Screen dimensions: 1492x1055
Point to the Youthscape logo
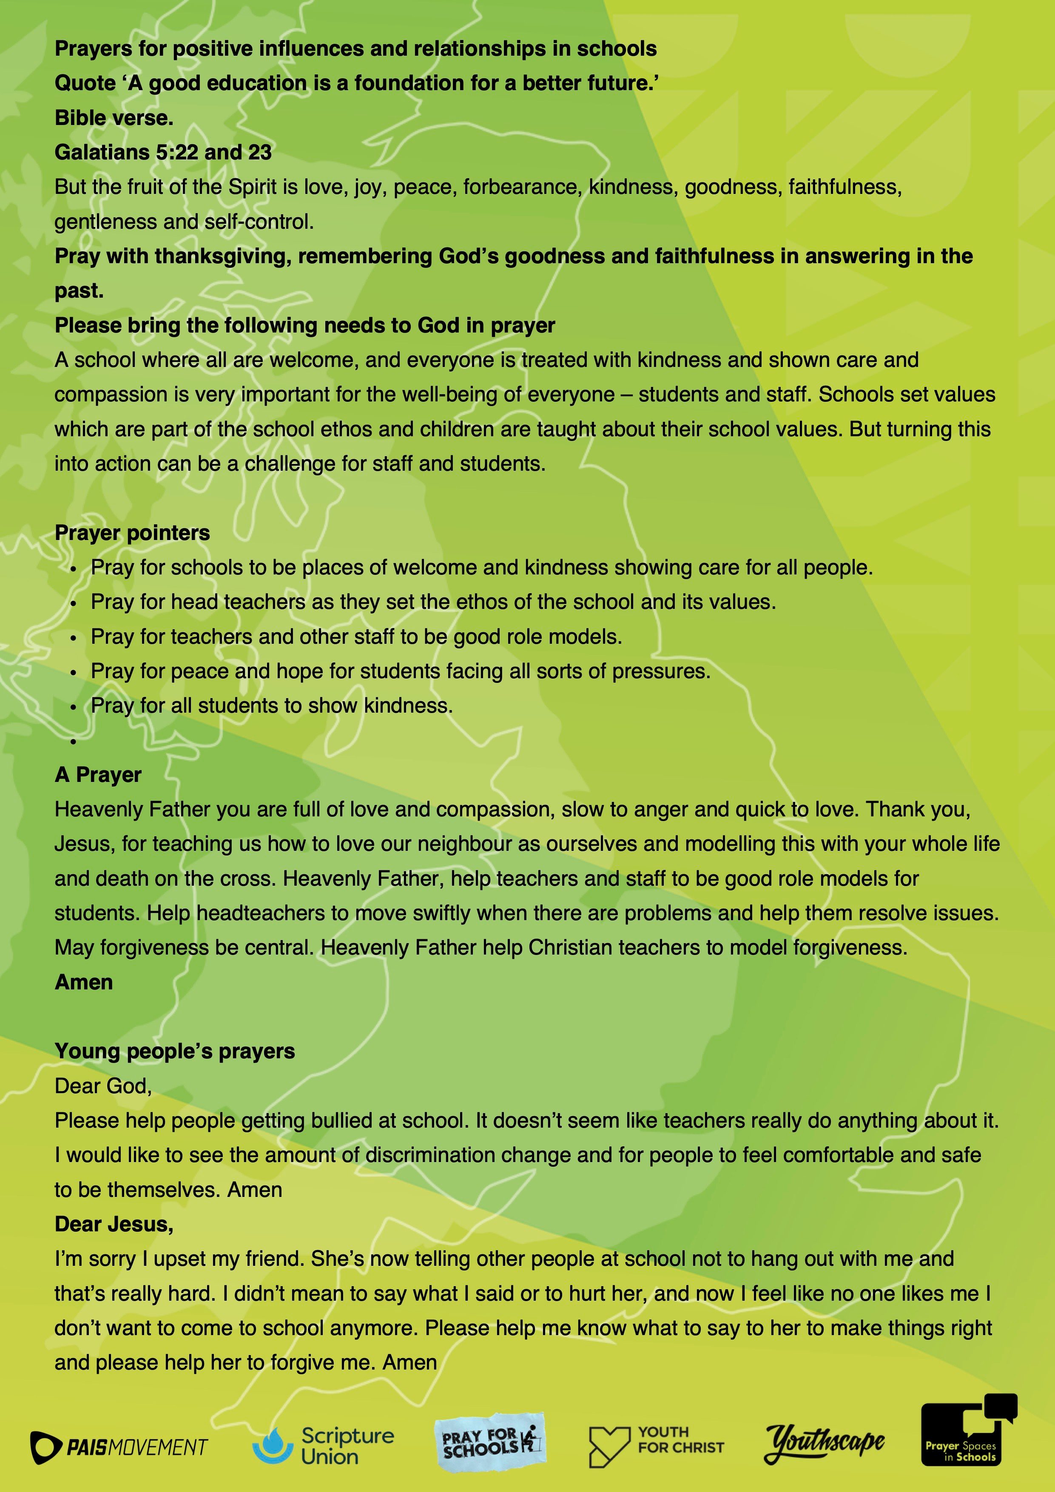coord(824,1443)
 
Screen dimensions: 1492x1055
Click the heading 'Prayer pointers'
coord(132,533)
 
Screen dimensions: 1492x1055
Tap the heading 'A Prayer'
coord(98,775)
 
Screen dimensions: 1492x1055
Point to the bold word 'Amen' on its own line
coord(84,982)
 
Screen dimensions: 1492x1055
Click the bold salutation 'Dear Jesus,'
coord(114,1224)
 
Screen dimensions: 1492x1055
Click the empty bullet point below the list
coord(74,741)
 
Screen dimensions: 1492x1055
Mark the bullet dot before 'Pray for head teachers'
coord(74,603)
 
